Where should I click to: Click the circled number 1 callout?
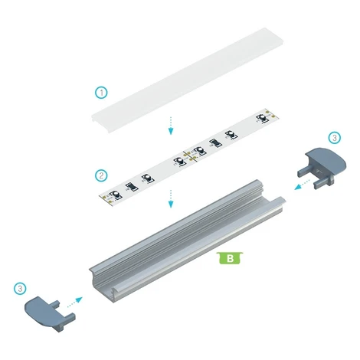(101, 93)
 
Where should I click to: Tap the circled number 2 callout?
(101, 175)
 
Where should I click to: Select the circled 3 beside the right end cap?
(334, 138)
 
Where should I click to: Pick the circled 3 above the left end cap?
(20, 289)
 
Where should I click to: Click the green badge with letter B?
(230, 258)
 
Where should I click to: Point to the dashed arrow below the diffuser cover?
(171, 126)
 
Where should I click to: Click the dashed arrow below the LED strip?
(171, 198)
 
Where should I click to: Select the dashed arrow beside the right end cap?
(302, 185)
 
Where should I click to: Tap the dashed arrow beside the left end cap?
(75, 302)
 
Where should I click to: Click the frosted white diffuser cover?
(188, 80)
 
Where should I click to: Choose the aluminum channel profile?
(188, 241)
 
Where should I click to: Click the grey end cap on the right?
(322, 168)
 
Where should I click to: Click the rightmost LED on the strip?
(263, 118)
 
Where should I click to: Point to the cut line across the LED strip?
(190, 156)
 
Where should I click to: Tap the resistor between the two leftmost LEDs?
(131, 187)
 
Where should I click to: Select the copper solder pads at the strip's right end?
(271, 114)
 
